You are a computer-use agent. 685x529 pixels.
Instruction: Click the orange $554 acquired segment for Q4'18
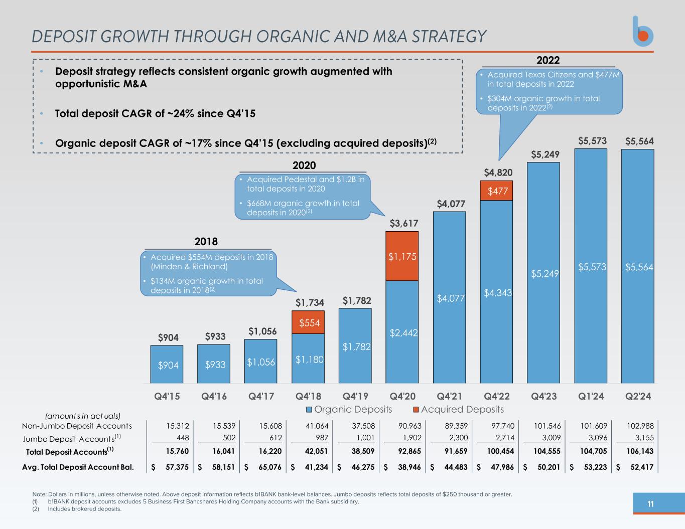308,322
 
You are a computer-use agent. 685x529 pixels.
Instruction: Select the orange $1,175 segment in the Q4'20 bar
402,256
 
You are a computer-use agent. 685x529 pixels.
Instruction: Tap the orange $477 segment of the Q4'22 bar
496,191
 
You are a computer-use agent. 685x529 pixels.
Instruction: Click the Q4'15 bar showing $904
167,365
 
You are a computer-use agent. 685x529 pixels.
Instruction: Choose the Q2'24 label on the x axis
638,396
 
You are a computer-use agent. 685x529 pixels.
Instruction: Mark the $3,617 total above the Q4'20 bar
404,223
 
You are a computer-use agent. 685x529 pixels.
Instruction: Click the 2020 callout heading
304,165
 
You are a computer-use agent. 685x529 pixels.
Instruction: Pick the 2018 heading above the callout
206,242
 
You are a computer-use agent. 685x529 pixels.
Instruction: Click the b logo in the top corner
642,32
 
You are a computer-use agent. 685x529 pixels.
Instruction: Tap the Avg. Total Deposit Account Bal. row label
78,467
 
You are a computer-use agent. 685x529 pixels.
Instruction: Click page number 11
650,504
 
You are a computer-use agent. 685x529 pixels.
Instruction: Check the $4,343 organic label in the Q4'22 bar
497,292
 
